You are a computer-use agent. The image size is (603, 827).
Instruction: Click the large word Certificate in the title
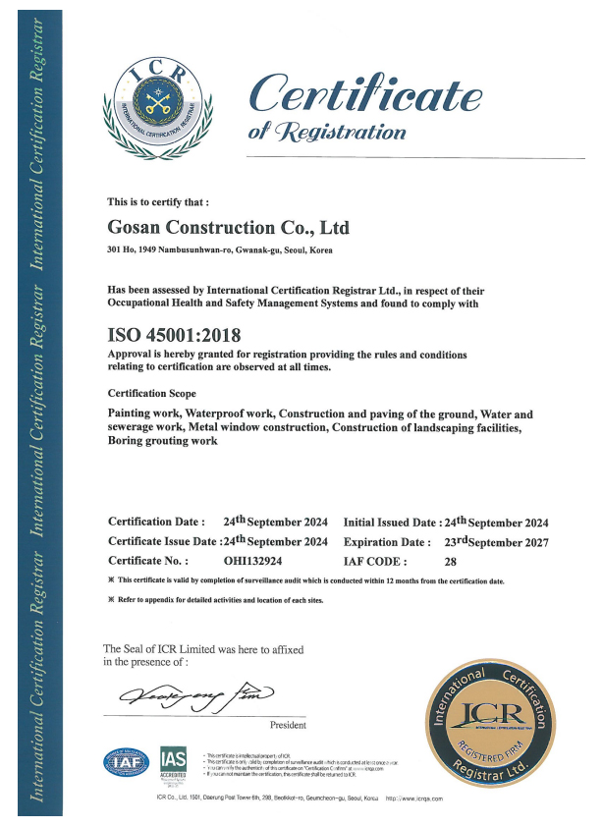[x=366, y=94]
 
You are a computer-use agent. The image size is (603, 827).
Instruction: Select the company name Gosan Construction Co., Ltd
[x=228, y=228]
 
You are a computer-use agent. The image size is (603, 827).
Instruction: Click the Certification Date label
[x=156, y=523]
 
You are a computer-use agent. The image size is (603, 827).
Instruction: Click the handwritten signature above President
[x=196, y=699]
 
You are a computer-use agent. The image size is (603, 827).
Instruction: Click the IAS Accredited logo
[x=174, y=762]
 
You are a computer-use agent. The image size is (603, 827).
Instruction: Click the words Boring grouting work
[x=161, y=442]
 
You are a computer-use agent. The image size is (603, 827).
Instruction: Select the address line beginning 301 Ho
[x=219, y=251]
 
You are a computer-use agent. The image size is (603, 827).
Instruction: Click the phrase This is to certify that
[x=158, y=202]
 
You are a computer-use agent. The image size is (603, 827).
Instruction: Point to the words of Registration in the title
[x=327, y=132]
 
